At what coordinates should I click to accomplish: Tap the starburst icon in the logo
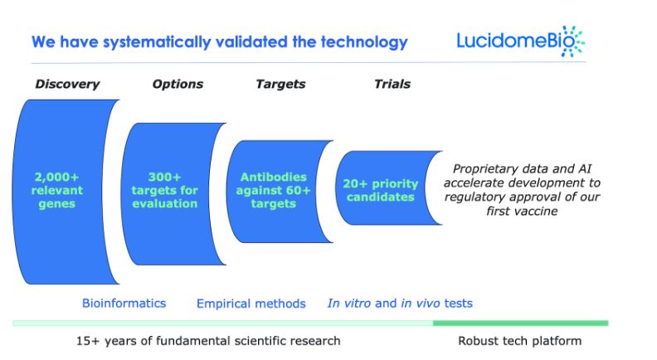click(572, 41)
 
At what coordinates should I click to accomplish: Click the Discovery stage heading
click(67, 85)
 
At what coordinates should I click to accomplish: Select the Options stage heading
click(178, 85)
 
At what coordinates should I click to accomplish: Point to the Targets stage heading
click(280, 85)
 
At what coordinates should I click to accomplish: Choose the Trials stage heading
click(392, 84)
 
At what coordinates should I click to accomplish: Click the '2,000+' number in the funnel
click(56, 177)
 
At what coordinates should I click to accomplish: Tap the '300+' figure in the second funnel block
click(164, 177)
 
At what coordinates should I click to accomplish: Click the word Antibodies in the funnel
click(273, 177)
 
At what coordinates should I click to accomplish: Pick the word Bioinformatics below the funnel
click(124, 303)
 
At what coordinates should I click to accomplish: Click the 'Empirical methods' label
click(251, 304)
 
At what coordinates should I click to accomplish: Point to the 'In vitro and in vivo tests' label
click(400, 303)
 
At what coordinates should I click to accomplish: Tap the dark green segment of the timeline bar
click(520, 324)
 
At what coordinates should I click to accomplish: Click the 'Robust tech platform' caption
click(519, 341)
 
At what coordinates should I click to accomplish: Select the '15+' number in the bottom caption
click(88, 341)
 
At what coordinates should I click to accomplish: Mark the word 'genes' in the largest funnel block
click(56, 204)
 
